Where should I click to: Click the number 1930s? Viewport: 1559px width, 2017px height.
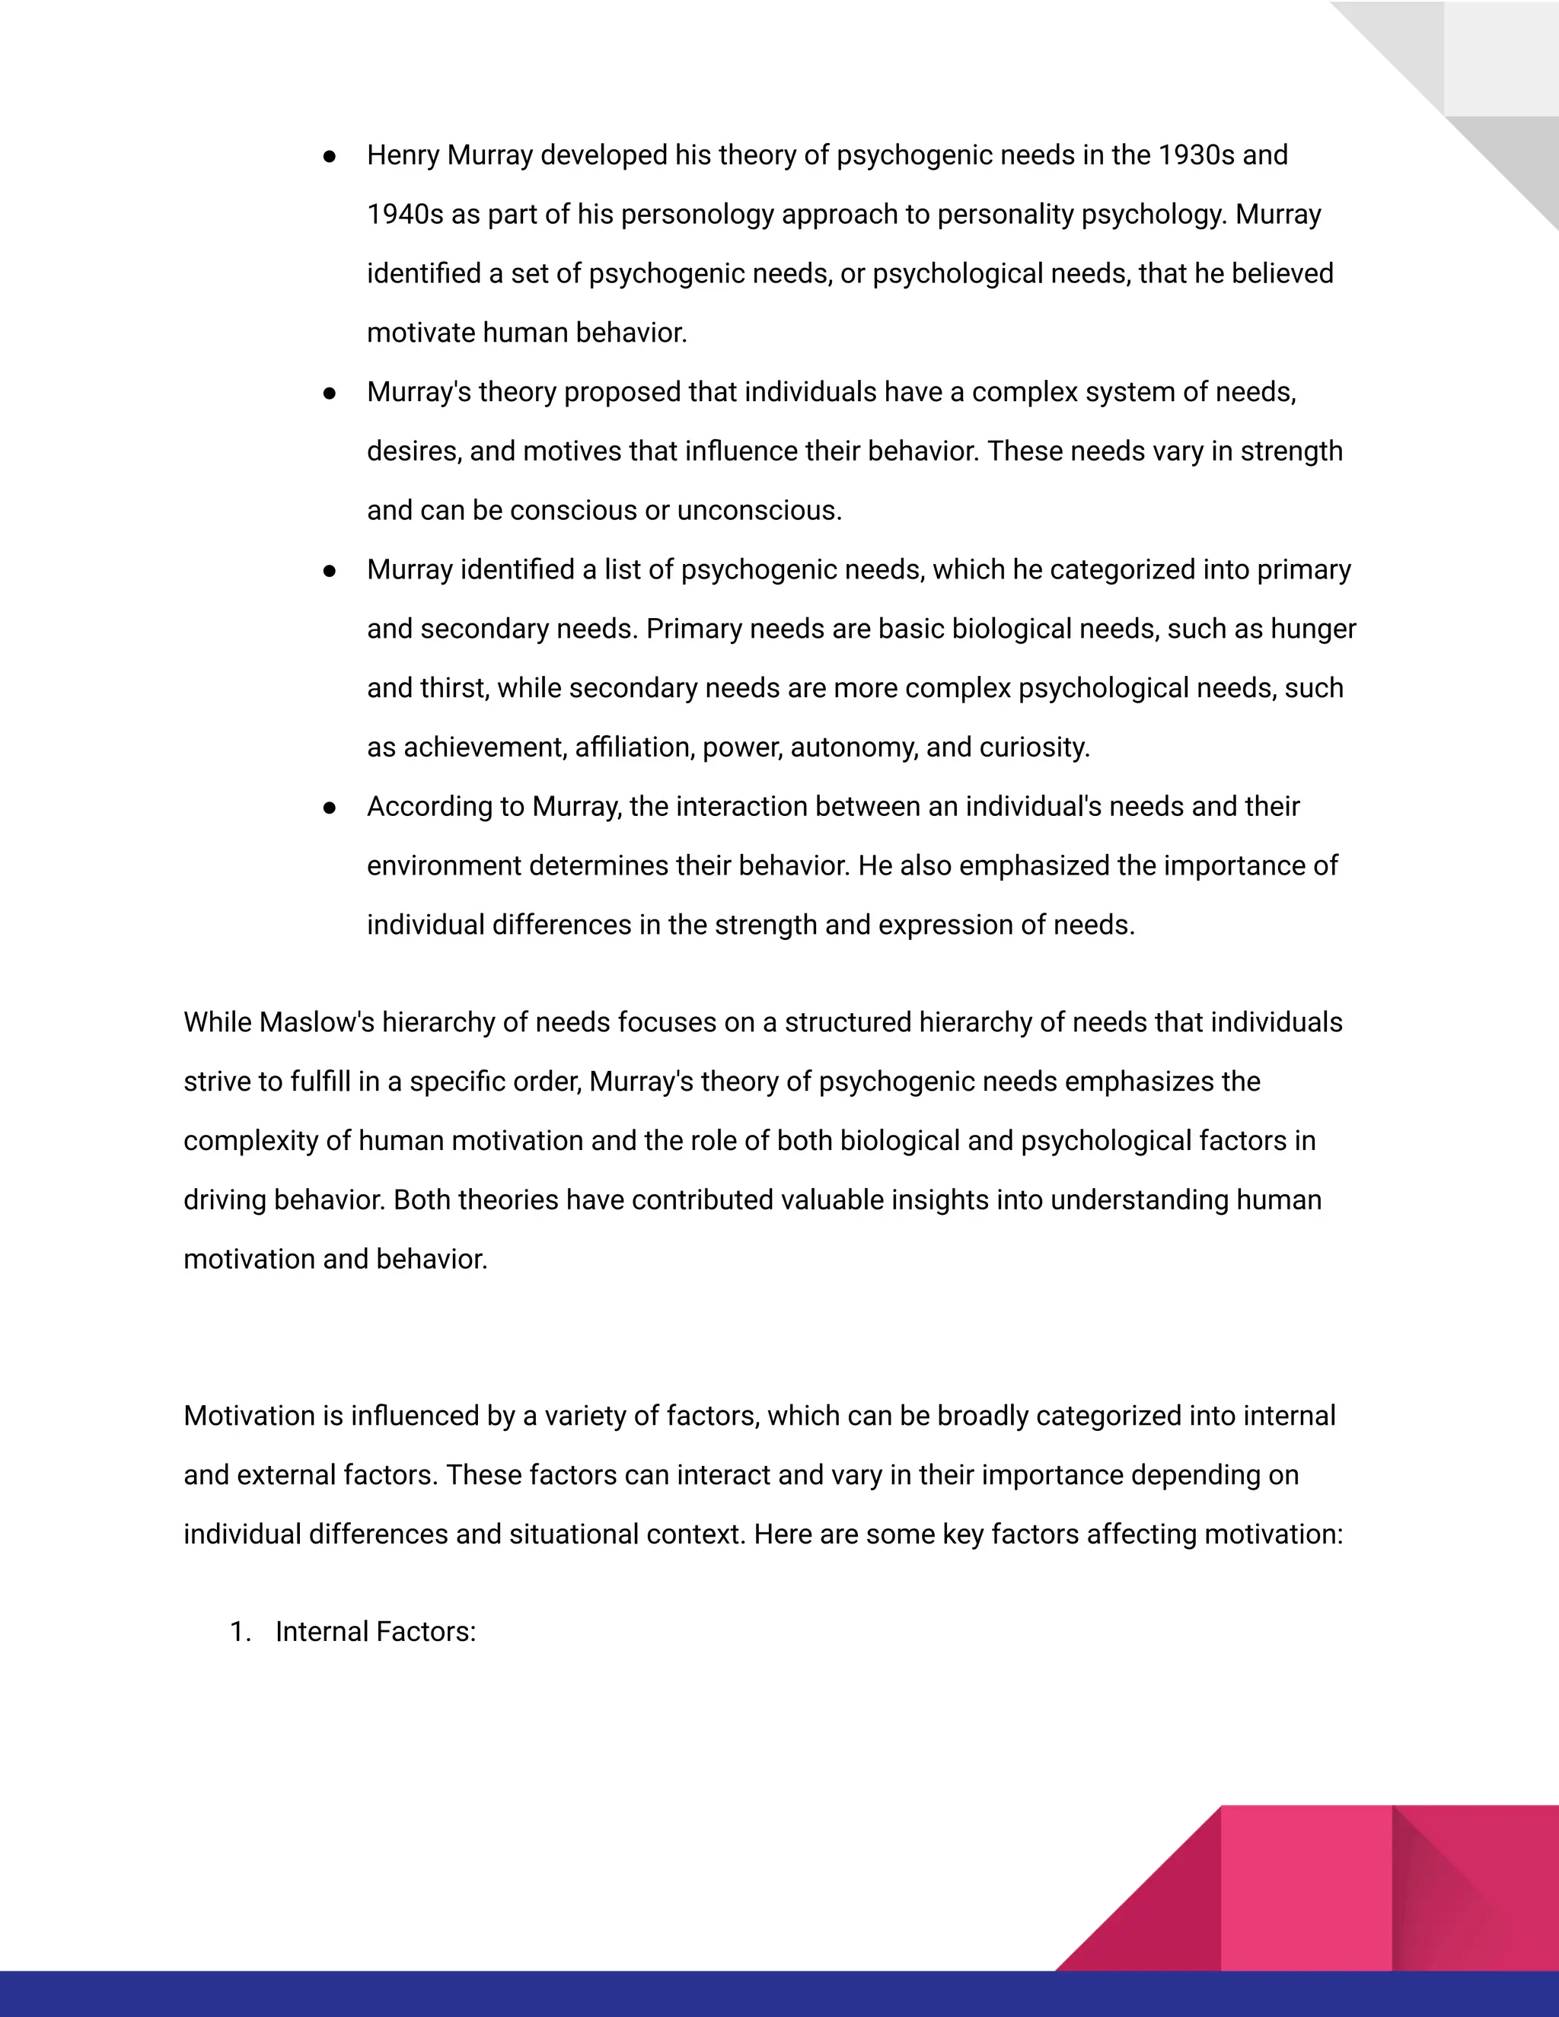(1196, 155)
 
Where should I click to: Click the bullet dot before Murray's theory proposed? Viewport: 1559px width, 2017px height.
(330, 393)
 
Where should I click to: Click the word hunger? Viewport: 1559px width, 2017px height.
(1312, 629)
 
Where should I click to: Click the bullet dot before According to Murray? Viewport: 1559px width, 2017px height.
(330, 807)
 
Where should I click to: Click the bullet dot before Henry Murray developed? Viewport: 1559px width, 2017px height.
(330, 156)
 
